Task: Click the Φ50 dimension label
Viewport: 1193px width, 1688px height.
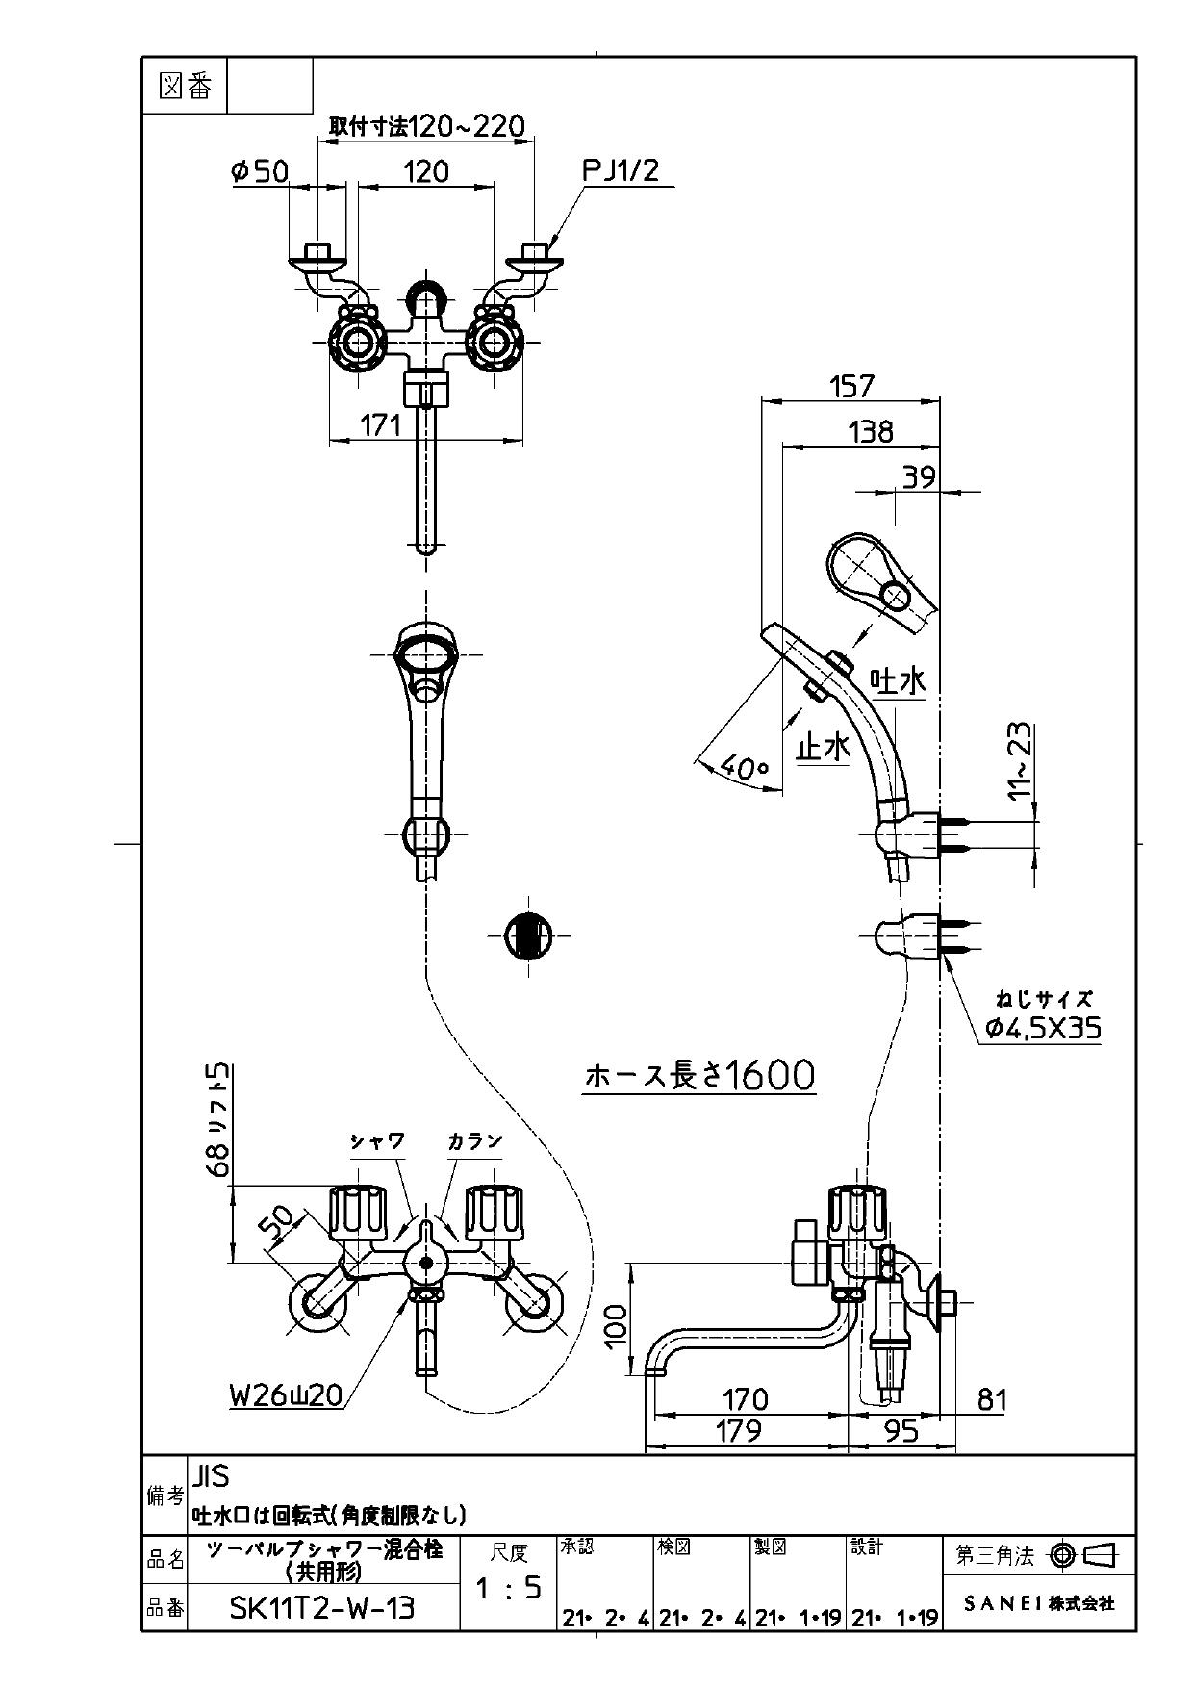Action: tap(260, 171)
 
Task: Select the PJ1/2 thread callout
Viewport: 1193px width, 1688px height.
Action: tap(621, 171)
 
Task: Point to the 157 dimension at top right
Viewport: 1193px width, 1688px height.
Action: tap(851, 386)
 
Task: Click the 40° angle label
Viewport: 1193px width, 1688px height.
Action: tap(744, 768)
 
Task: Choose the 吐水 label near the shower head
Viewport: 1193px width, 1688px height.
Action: tap(898, 682)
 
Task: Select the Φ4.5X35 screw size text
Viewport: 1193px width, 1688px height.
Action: tap(1044, 1029)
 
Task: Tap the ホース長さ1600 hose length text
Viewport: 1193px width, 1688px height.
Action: tap(699, 1075)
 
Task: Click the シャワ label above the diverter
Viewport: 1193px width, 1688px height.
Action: tap(377, 1141)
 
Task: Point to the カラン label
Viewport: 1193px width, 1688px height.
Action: tap(474, 1141)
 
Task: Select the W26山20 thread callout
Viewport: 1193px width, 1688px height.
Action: tap(286, 1395)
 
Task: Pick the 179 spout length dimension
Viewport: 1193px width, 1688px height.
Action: tap(739, 1431)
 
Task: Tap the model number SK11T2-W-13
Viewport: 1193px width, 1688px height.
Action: tap(322, 1607)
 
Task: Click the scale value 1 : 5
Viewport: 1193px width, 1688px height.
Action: tap(509, 1588)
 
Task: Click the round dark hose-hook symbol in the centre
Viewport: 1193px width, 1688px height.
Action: tap(528, 934)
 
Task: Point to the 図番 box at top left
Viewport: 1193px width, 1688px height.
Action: tap(185, 87)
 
